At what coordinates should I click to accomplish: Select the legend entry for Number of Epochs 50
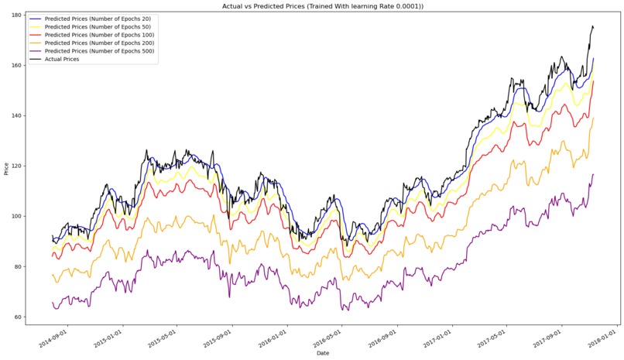(98, 26)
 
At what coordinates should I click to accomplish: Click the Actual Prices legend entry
(62, 59)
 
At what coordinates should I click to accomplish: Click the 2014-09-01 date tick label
(53, 338)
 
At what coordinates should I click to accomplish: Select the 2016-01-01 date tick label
(273, 338)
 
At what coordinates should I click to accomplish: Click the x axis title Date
(324, 354)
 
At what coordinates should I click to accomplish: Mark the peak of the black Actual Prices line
(592, 26)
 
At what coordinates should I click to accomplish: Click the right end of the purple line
(594, 174)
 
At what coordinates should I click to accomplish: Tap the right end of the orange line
(594, 118)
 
